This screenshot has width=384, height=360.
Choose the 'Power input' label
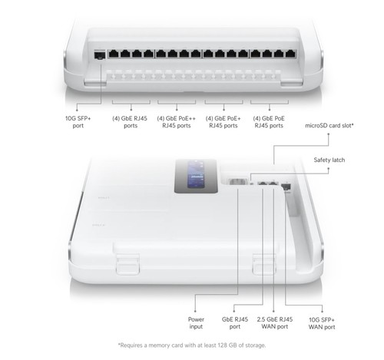pyautogui.click(x=198, y=322)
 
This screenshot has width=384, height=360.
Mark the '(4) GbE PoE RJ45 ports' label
pyautogui.click(x=273, y=122)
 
